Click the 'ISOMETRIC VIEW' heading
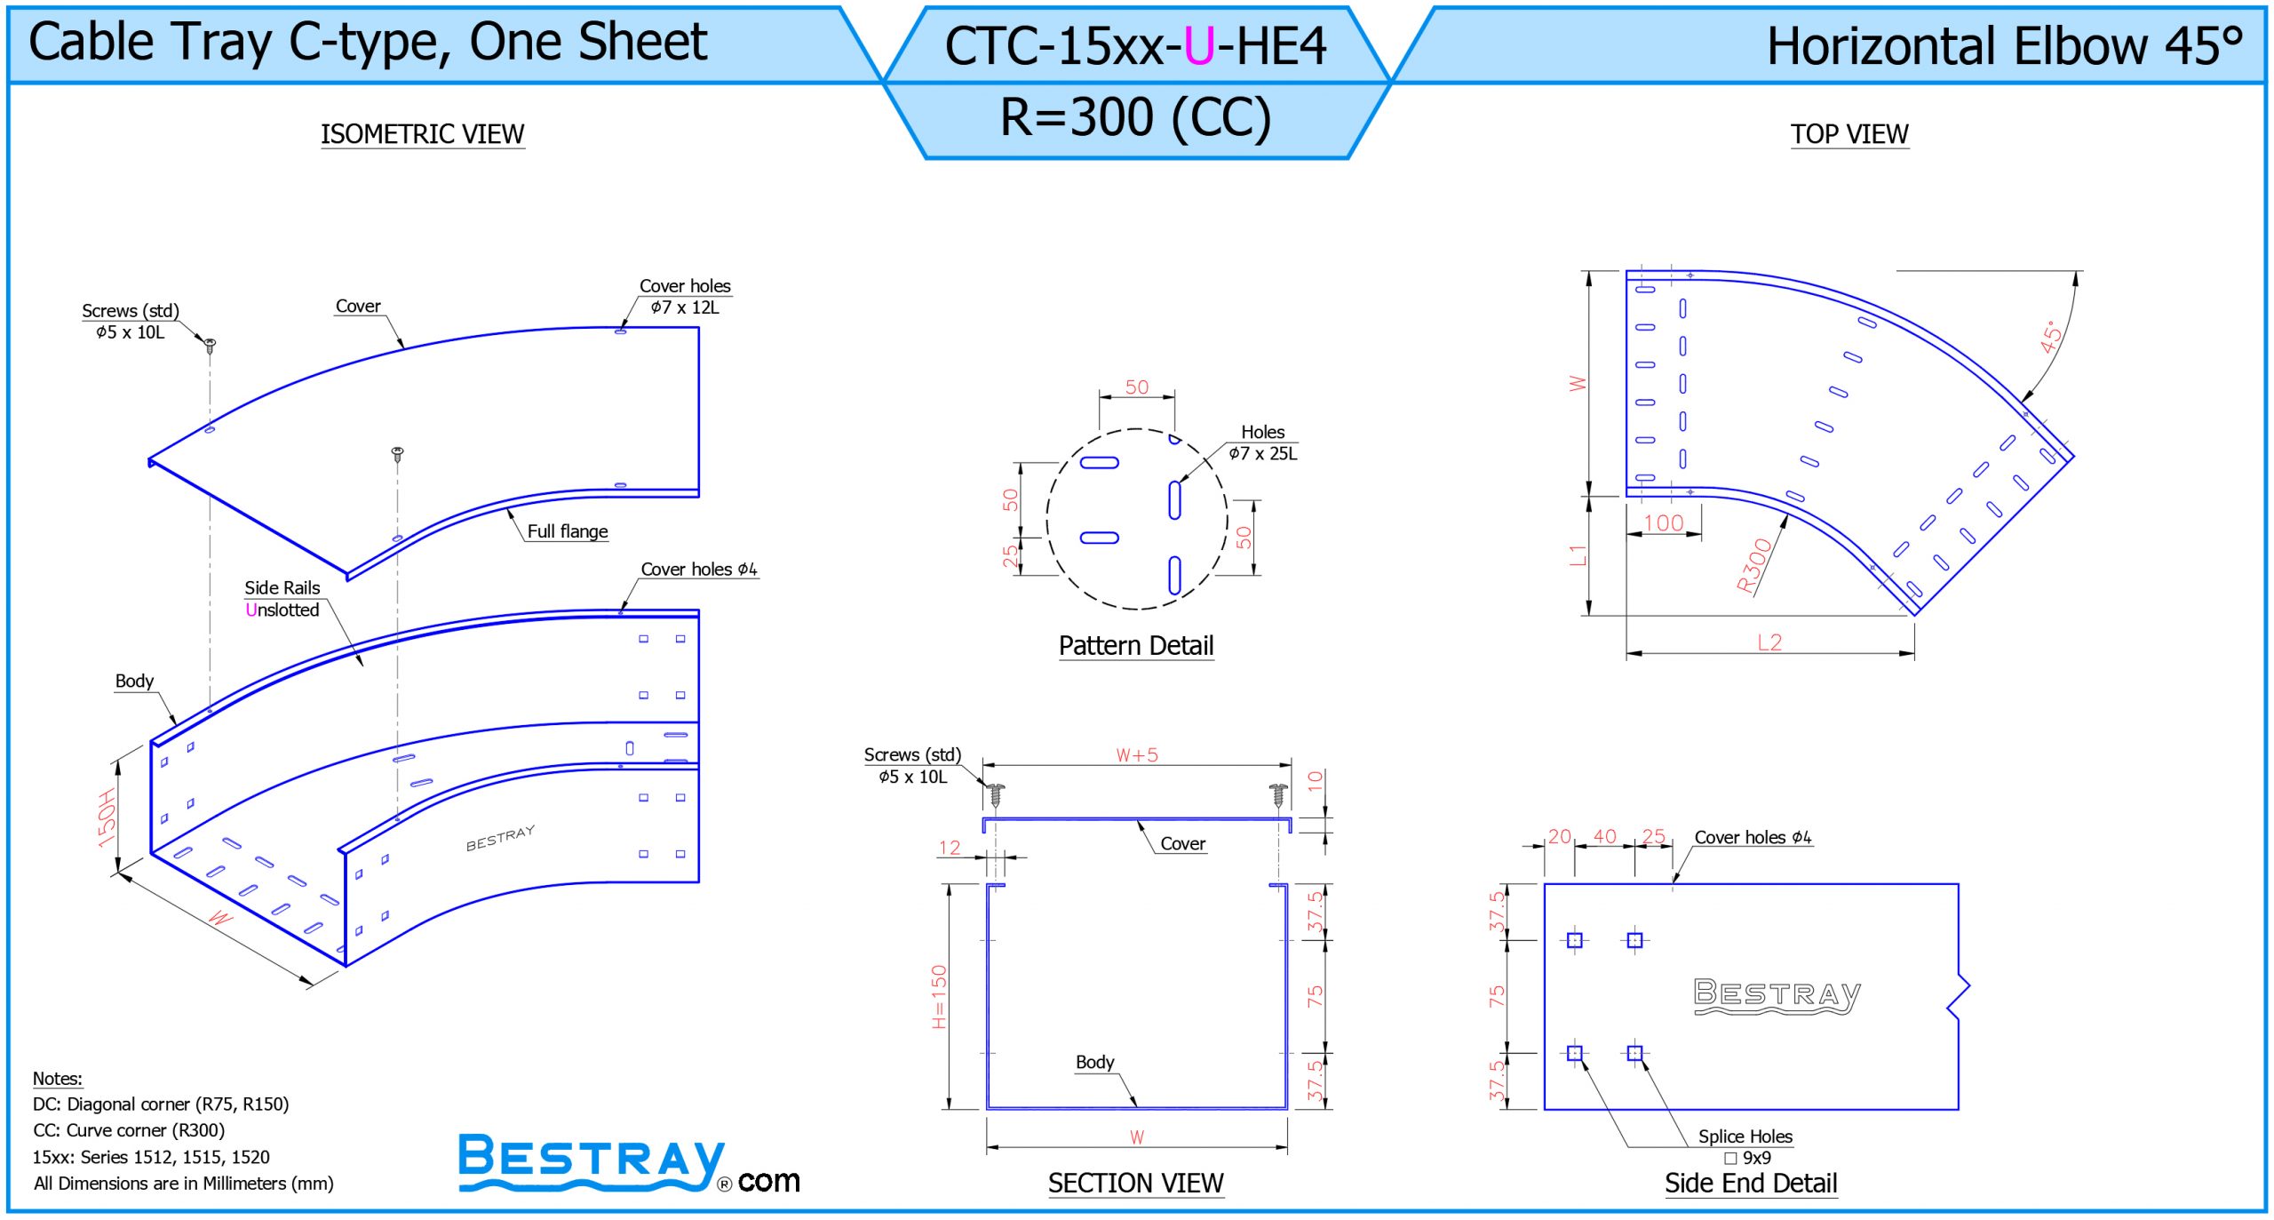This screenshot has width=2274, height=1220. (422, 134)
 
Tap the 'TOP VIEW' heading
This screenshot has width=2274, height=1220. (1849, 134)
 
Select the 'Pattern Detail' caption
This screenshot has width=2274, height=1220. (1135, 645)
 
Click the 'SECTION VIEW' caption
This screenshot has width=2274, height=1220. (1135, 1183)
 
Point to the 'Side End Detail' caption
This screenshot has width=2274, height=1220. (1750, 1183)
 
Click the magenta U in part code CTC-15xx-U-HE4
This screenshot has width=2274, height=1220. (1199, 46)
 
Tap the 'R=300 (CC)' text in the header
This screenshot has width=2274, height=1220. (1135, 117)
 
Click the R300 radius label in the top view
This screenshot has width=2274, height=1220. (1753, 565)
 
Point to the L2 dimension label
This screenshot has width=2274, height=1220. (1769, 642)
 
